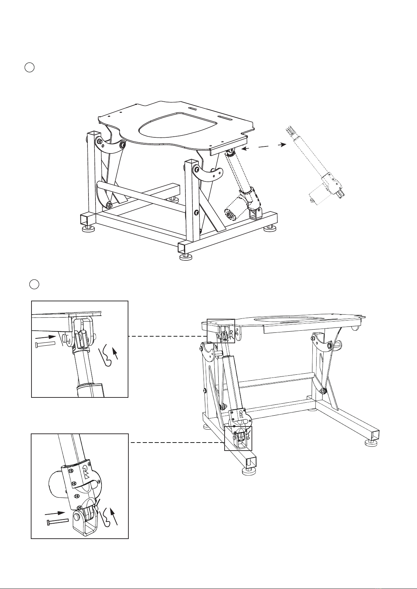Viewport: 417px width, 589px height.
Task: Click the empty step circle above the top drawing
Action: click(30, 67)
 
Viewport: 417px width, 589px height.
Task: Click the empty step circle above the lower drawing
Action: click(34, 284)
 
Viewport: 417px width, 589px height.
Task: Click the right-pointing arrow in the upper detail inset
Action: click(45, 337)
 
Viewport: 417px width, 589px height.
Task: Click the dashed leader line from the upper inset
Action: click(167, 336)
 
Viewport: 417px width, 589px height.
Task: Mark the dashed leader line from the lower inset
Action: click(177, 443)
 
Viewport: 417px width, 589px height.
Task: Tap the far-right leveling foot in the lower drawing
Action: click(371, 443)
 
